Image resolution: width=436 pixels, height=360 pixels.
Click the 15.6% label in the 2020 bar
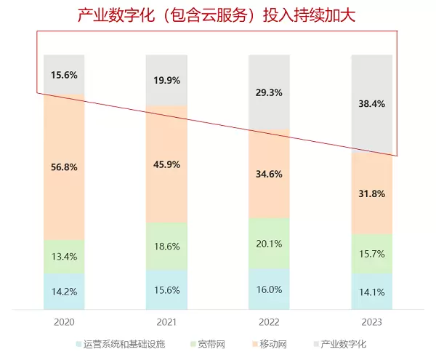coord(64,75)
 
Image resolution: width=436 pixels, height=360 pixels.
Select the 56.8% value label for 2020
coord(64,167)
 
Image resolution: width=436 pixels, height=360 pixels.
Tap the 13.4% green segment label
coord(64,256)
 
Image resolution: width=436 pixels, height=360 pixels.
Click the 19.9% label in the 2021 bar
coord(166,81)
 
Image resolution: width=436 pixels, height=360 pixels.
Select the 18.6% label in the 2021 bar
coord(166,247)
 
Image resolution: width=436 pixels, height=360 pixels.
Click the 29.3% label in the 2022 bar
coord(270,92)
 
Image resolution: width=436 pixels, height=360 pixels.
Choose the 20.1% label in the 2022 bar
coord(270,244)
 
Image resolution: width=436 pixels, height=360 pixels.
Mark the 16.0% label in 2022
coord(270,289)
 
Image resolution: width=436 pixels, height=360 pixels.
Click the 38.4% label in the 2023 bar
coord(372,104)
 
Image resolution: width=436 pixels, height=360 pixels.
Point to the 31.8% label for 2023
coord(372,194)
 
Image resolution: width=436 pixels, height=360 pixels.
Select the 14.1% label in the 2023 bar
coord(372,294)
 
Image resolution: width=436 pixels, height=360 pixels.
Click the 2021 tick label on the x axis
coord(166,321)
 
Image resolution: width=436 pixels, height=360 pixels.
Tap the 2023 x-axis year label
coord(372,321)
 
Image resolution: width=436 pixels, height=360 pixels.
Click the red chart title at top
coord(217,15)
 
